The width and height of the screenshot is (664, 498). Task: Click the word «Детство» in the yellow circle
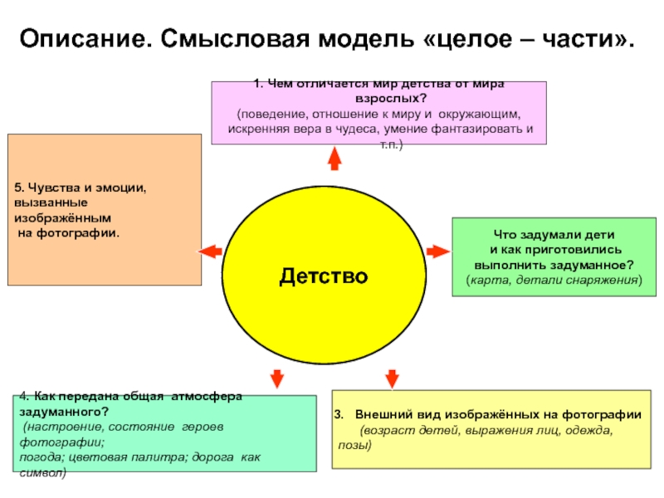pos(323,274)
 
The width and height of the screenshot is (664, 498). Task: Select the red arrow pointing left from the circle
pos(208,251)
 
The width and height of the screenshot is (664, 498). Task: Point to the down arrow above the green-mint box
pos(277,378)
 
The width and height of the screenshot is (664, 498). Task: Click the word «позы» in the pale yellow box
pos(354,446)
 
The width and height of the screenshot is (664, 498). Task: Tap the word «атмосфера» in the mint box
pos(205,397)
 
